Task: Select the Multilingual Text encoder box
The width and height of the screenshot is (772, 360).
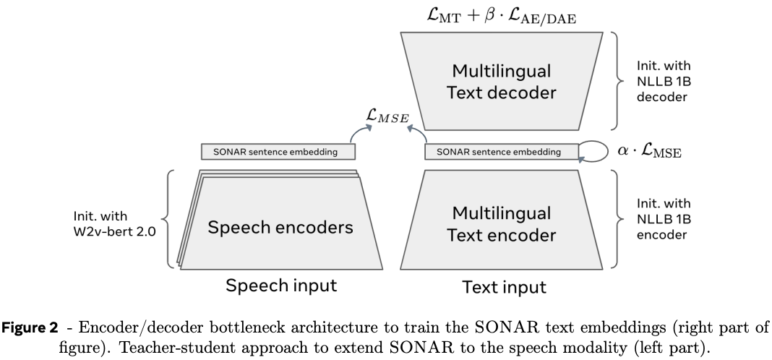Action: [502, 223]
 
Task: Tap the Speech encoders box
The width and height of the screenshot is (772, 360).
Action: [280, 227]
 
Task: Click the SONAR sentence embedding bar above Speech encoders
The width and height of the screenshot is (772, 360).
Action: [278, 152]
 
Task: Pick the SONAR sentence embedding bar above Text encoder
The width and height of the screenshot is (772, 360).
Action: [502, 152]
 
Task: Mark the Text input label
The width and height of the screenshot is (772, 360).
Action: [503, 287]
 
